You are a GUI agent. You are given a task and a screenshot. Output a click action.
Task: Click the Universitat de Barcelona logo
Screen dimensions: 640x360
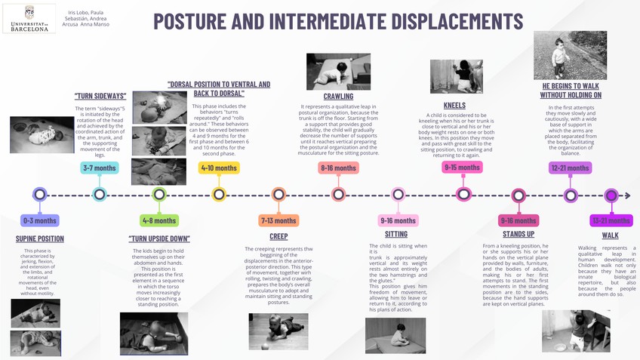[29, 20]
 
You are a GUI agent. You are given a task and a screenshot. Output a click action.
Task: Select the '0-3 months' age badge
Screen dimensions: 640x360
[39, 220]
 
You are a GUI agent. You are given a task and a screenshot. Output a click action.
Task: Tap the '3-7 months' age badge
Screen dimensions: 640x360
[98, 168]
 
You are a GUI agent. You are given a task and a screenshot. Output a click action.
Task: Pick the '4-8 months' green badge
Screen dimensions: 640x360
[159, 220]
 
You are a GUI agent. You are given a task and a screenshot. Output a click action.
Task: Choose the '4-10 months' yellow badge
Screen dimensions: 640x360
[219, 168]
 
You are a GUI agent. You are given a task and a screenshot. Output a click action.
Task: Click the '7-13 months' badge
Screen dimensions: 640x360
[278, 220]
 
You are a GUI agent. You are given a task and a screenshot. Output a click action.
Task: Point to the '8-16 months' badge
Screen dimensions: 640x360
[337, 168]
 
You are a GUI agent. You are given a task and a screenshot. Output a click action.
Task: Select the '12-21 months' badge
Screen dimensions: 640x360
[570, 168]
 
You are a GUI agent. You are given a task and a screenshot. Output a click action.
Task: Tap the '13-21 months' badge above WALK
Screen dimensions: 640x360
[611, 220]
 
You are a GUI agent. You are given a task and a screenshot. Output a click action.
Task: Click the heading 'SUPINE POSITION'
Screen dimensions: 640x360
[39, 238]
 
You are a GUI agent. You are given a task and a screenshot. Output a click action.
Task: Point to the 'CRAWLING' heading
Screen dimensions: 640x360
[338, 97]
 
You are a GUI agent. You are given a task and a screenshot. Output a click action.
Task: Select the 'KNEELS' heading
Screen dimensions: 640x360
[455, 106]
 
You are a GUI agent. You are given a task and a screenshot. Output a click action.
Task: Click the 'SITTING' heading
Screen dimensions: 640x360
[396, 235]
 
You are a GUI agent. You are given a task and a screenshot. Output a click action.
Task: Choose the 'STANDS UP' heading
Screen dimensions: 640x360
[518, 235]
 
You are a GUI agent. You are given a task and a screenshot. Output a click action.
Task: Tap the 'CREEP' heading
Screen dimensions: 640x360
[278, 236]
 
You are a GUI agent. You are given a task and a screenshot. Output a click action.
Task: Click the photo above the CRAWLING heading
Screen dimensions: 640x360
[332, 71]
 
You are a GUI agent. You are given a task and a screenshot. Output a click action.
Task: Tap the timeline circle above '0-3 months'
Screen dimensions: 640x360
[39, 194]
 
